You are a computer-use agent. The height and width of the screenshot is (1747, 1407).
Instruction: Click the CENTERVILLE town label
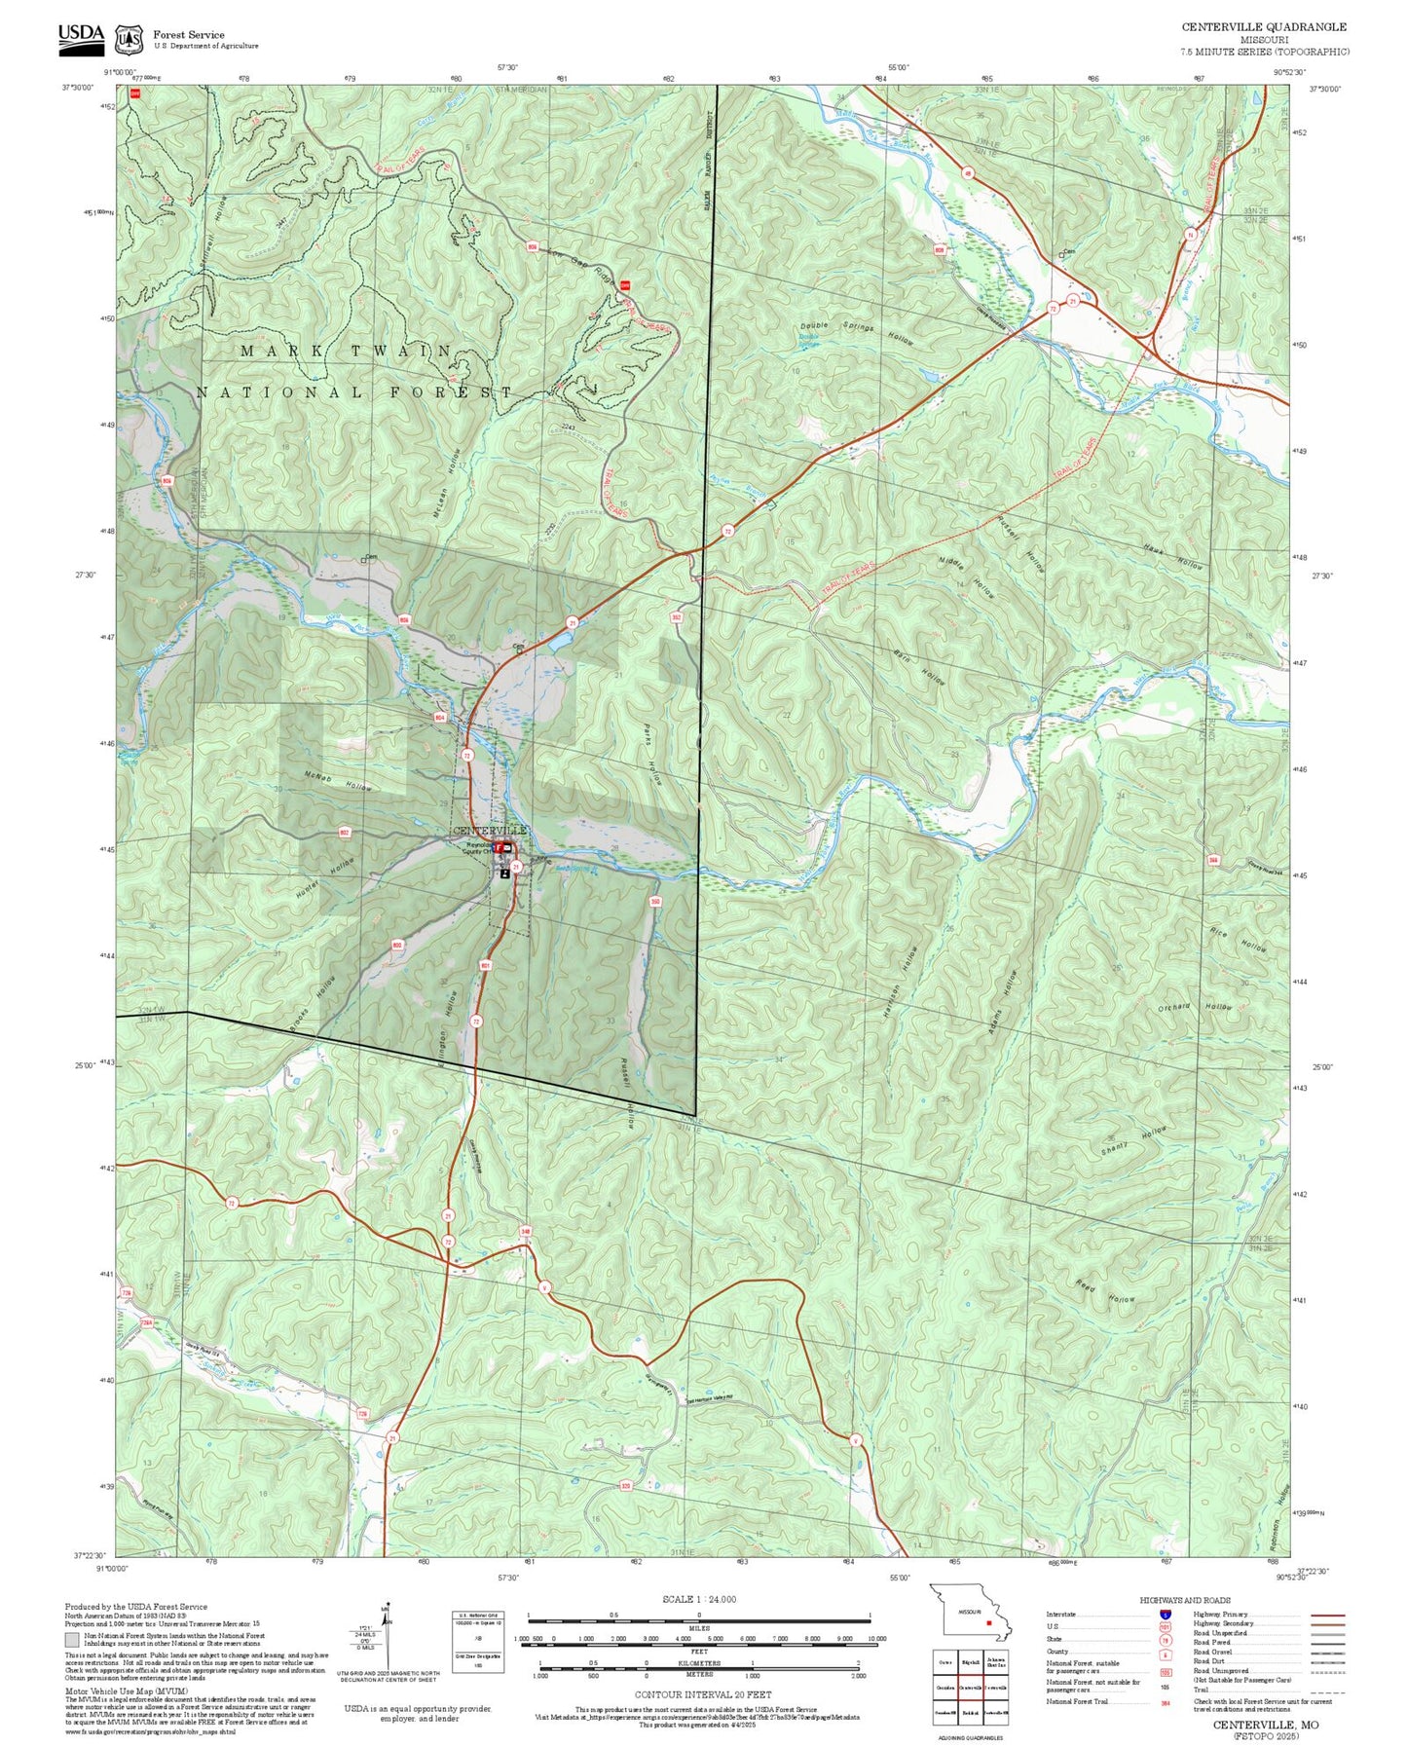pyautogui.click(x=490, y=830)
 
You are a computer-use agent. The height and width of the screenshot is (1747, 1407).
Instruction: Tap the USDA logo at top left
pyautogui.click(x=81, y=36)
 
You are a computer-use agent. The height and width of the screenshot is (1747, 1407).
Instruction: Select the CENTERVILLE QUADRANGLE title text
pyautogui.click(x=1264, y=27)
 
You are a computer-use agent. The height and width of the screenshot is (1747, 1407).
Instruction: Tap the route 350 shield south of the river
pyautogui.click(x=655, y=902)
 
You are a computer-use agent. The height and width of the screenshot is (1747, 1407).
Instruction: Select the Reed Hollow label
pyautogui.click(x=1105, y=1291)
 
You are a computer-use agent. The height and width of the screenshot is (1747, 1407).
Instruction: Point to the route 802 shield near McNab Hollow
pyautogui.click(x=344, y=833)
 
